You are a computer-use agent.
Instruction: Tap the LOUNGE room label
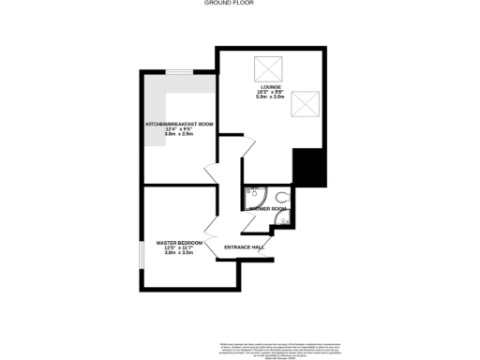pyautogui.click(x=271, y=86)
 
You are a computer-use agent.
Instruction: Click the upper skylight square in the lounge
pyautogui.click(x=269, y=67)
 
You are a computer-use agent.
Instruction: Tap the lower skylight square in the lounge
pyautogui.click(x=306, y=102)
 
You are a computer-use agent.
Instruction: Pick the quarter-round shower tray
pyautogui.click(x=251, y=196)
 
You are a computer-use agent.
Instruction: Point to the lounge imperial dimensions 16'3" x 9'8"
pyautogui.click(x=271, y=92)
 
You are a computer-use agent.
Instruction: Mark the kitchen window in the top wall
pyautogui.click(x=199, y=70)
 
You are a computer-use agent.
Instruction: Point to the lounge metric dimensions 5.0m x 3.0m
pyautogui.click(x=271, y=97)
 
